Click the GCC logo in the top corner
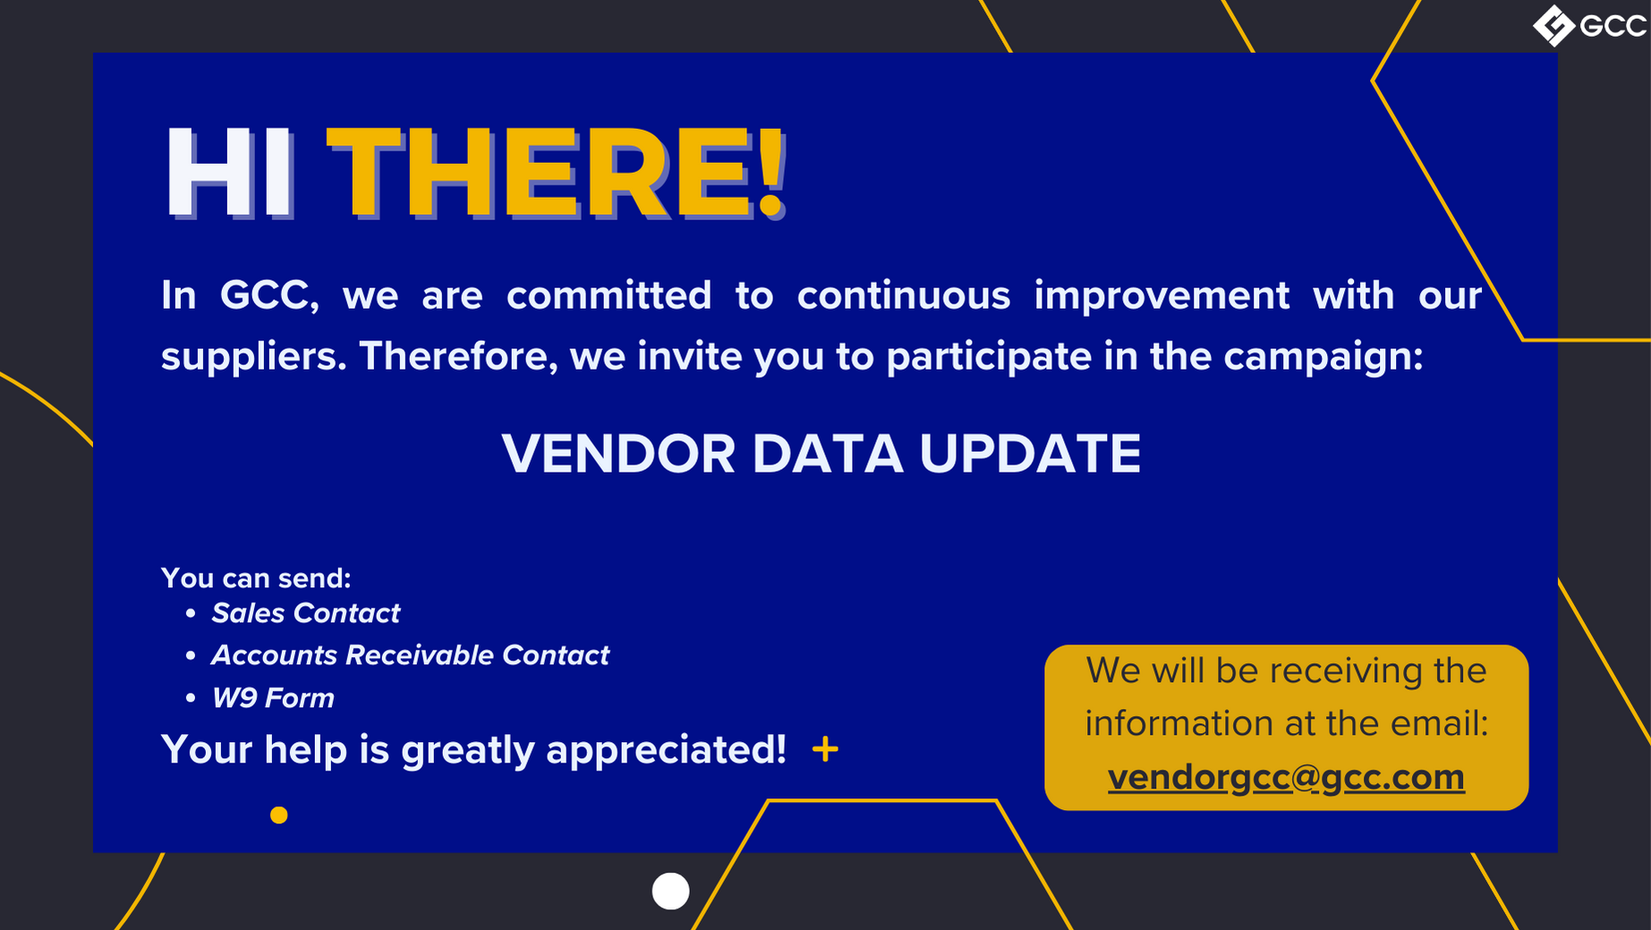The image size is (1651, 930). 1589,25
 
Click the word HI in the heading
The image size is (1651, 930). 229,172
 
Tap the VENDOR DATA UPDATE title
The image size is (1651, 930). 821,453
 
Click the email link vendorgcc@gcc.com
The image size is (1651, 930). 1286,777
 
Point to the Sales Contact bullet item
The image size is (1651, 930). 305,613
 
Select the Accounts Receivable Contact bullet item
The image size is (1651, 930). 410,655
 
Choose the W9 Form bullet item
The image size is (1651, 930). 273,698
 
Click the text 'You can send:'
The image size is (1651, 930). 256,578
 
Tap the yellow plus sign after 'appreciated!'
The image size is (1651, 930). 825,749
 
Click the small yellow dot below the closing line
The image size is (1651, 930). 279,815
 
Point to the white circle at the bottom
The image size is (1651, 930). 670,891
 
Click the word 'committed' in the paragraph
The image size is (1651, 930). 608,295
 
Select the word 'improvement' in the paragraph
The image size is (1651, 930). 1162,295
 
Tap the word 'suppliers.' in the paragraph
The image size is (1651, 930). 254,357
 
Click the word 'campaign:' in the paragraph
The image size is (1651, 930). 1323,357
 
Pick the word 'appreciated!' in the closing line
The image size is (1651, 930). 666,750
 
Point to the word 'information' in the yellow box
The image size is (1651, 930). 1167,723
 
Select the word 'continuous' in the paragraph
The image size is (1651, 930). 904,295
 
